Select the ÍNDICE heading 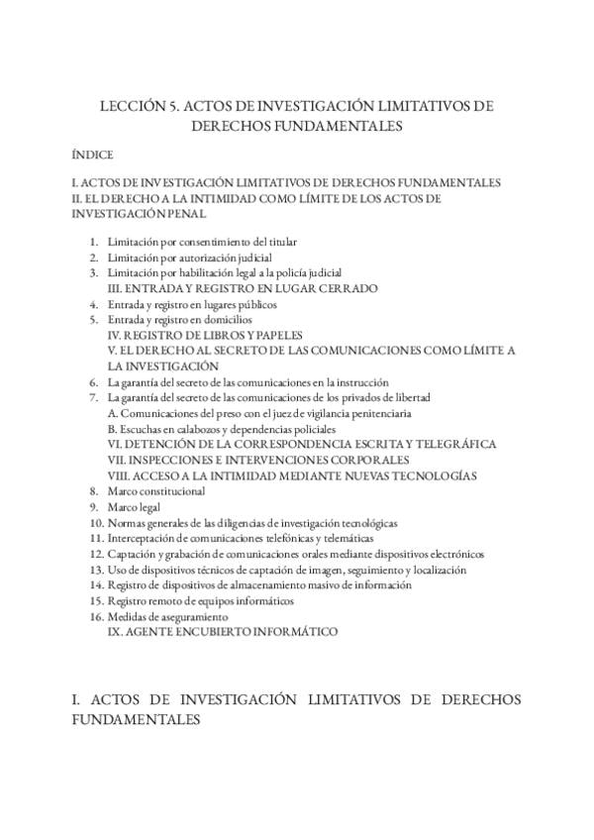click(x=92, y=156)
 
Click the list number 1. click(x=93, y=242)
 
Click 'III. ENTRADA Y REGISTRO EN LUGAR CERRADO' click(x=243, y=288)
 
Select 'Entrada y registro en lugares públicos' click(x=192, y=304)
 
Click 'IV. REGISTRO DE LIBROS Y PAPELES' click(x=205, y=336)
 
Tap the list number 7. click(x=93, y=397)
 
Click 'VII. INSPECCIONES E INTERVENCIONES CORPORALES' click(x=258, y=461)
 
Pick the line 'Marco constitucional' click(x=156, y=491)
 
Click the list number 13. click(x=96, y=570)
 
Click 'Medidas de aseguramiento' click(x=161, y=616)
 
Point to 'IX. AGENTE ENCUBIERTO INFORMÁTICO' click(x=224, y=631)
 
